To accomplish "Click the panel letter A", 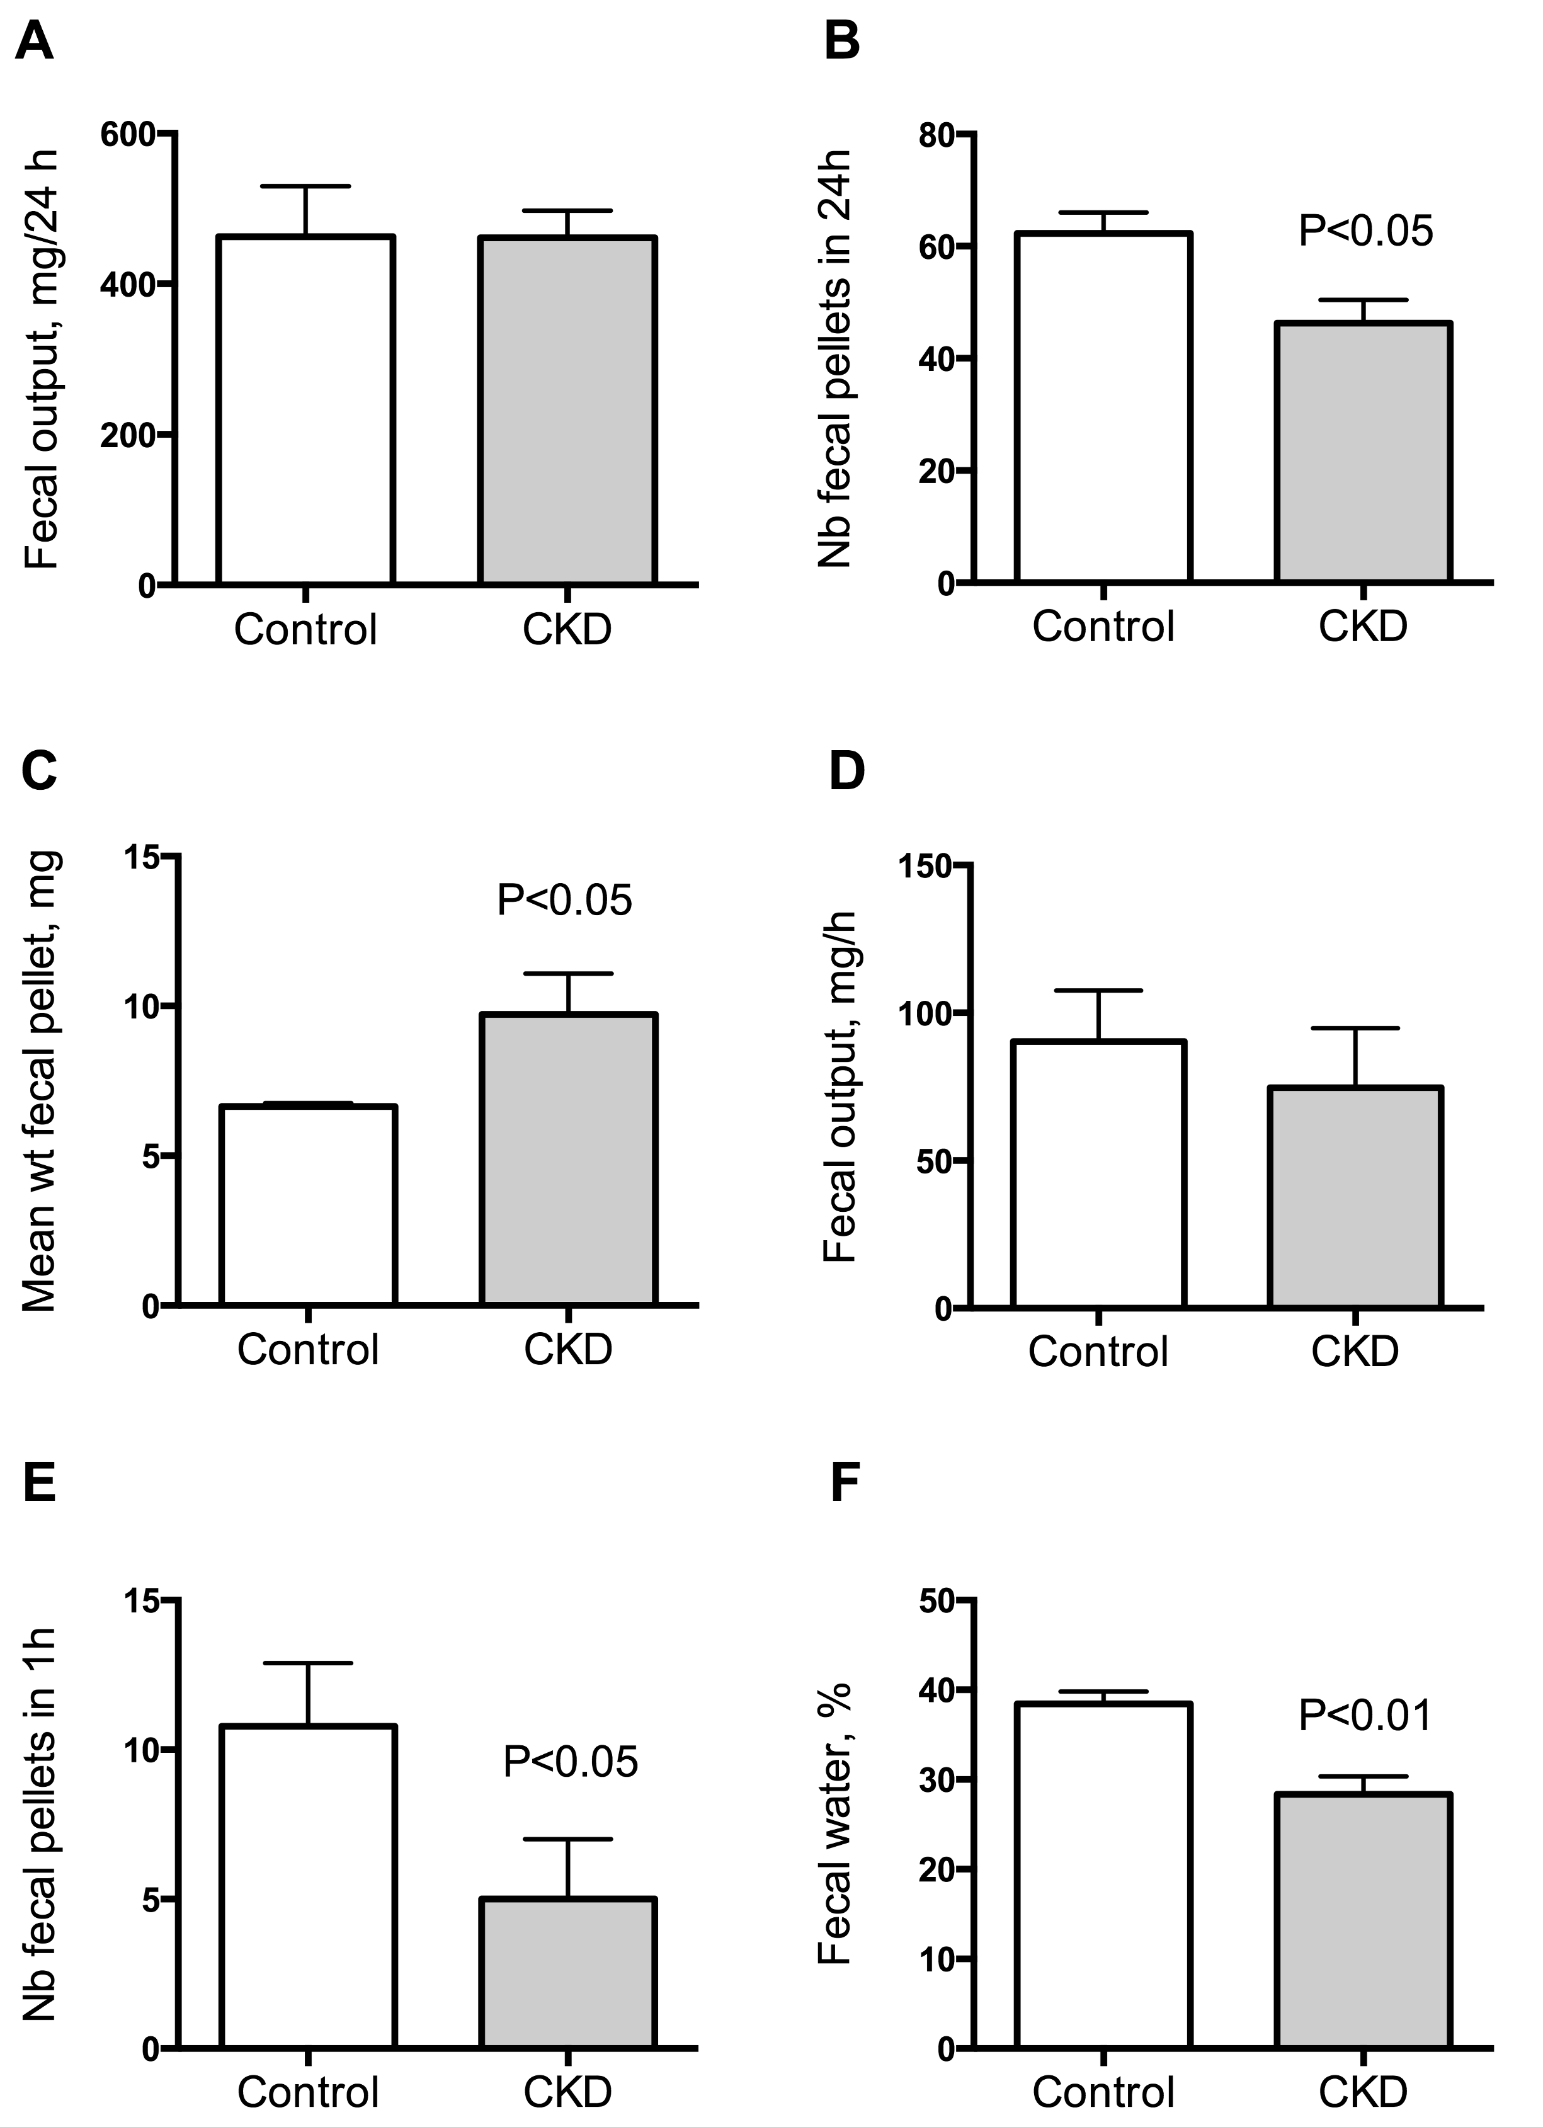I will (34, 42).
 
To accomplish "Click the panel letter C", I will (38, 771).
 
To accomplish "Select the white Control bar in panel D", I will (1098, 1173).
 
